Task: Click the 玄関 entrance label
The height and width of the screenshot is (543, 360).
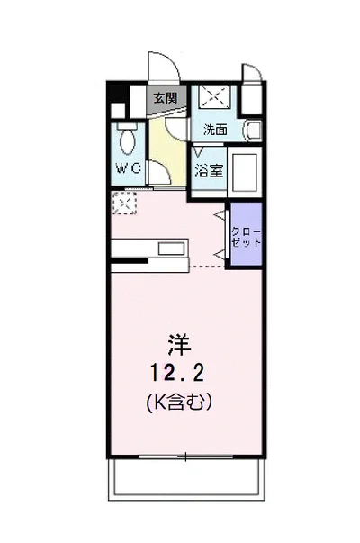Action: pyautogui.click(x=166, y=98)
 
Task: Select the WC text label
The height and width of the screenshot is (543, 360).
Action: pyautogui.click(x=128, y=168)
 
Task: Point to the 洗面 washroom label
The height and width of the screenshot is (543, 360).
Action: pyautogui.click(x=215, y=130)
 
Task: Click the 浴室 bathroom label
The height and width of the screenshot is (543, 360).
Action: pyautogui.click(x=209, y=171)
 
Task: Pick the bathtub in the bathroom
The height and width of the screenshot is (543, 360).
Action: pyautogui.click(x=245, y=173)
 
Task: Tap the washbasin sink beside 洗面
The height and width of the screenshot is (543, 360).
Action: pyautogui.click(x=254, y=131)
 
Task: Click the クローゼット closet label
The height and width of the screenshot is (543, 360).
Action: pyautogui.click(x=246, y=237)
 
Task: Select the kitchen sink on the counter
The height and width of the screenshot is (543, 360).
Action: pyautogui.click(x=171, y=249)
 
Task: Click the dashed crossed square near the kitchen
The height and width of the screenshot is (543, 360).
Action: pyautogui.click(x=124, y=203)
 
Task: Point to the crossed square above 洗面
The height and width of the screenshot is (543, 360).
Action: pyautogui.click(x=215, y=96)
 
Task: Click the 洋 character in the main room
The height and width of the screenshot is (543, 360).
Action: pyautogui.click(x=179, y=345)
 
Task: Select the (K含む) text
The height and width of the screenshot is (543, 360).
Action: pyautogui.click(x=179, y=402)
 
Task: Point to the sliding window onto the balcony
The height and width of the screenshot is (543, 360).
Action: pyautogui.click(x=186, y=457)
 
